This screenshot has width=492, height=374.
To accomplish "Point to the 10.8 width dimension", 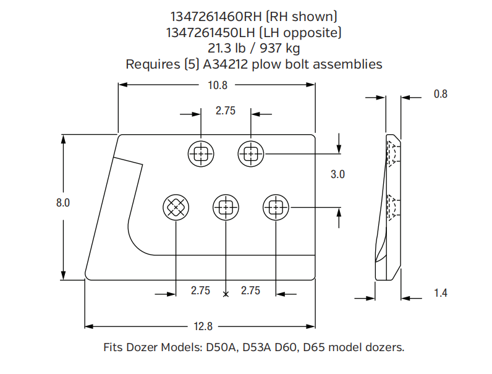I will [218, 86].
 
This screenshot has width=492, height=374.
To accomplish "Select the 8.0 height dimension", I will [64, 202].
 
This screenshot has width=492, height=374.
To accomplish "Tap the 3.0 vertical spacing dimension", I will [337, 174].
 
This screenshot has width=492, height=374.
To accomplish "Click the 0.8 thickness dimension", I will [440, 94].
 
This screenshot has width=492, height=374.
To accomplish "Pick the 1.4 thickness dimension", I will [440, 292].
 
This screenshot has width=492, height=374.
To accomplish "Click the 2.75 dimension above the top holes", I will [226, 111].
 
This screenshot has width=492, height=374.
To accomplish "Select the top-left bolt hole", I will [201, 153].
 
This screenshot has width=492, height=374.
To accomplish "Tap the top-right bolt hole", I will [251, 153].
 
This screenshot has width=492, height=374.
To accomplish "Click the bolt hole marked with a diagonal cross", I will [176, 208].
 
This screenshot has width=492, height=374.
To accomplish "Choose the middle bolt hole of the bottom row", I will [226, 208].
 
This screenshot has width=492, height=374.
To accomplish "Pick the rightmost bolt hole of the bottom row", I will [276, 208].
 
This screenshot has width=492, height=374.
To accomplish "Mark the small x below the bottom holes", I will [226, 294].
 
